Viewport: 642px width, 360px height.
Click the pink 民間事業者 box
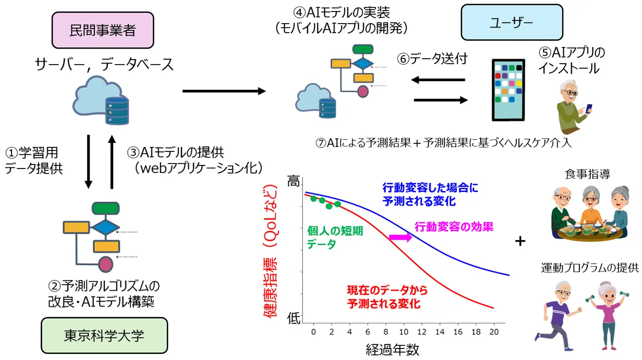102,30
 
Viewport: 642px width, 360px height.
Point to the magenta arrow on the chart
401,237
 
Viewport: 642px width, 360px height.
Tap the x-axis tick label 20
494,331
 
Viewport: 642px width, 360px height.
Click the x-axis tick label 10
404,331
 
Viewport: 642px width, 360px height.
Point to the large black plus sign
521,242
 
